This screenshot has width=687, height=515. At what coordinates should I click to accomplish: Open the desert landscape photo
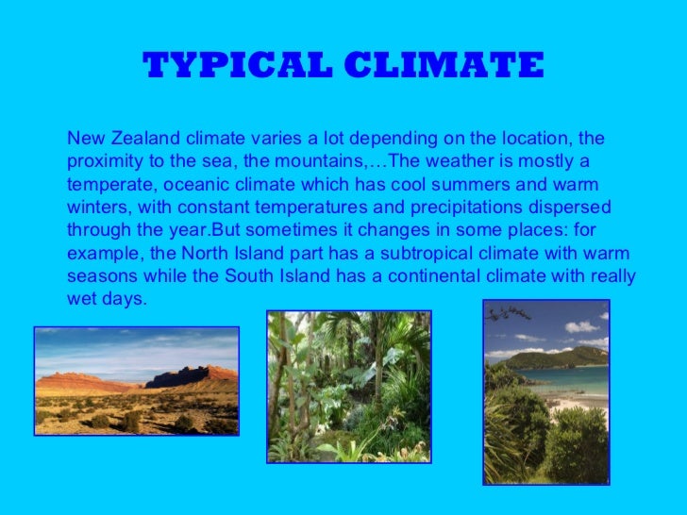(x=137, y=381)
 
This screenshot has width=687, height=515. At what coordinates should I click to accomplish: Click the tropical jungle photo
(x=348, y=387)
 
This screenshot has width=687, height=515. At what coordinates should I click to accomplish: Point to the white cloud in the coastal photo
(x=579, y=326)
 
